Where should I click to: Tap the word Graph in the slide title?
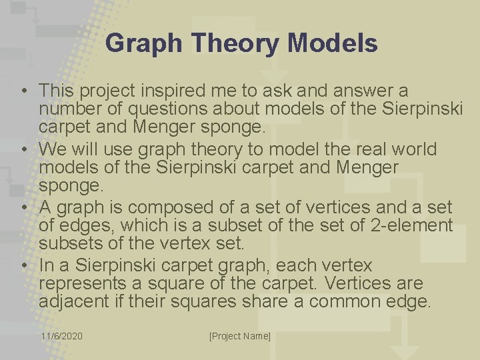tap(143, 44)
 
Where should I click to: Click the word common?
tap(345, 303)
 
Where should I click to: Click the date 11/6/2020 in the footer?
tap(62, 337)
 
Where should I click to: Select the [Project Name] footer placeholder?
tap(240, 337)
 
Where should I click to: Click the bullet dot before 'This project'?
tap(23, 90)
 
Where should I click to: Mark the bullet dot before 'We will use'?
tap(23, 148)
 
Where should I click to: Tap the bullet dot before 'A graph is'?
tap(23, 207)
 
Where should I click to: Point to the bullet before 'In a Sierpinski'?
tap(23, 265)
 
